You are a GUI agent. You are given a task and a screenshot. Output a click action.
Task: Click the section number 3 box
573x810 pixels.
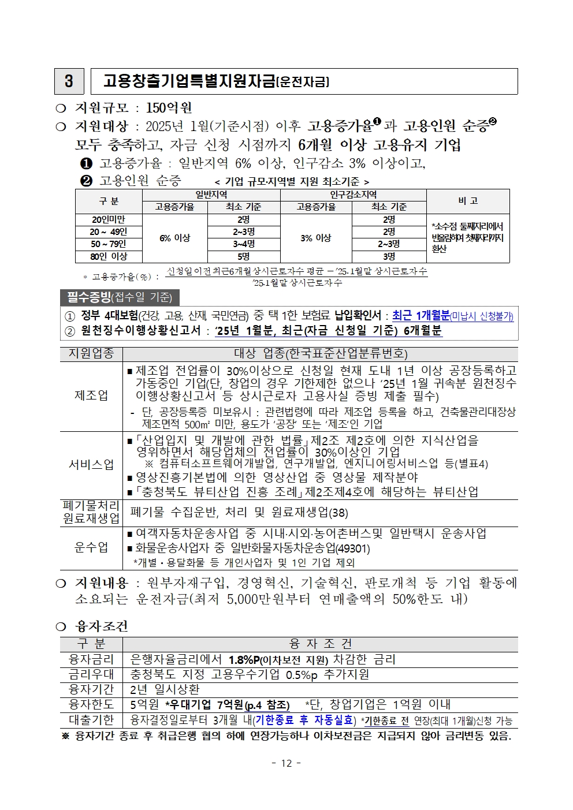pos(69,81)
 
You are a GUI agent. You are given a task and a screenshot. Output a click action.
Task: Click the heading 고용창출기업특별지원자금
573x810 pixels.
pos(189,81)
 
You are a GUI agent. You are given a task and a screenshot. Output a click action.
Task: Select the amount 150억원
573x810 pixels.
pos(169,108)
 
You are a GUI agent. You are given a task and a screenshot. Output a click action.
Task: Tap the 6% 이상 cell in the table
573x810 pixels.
pos(174,238)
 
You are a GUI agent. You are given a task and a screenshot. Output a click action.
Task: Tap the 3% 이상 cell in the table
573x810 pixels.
pos(315,238)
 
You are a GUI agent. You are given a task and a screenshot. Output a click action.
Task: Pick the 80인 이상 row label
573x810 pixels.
pos(109,256)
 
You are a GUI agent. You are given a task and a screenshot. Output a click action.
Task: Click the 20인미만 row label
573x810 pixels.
pos(109,219)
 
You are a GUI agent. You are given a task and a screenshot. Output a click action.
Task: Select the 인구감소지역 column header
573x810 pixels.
pos(353,195)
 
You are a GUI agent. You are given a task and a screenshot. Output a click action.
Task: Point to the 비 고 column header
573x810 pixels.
pos(467,201)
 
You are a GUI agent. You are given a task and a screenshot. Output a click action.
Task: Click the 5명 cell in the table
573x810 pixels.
pos(243,256)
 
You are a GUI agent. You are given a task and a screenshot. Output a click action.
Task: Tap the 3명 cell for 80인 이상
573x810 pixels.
pos(389,256)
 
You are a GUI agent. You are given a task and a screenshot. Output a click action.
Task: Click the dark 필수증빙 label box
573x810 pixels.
pos(120,297)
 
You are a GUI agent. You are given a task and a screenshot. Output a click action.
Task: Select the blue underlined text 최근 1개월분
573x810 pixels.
pos(421,315)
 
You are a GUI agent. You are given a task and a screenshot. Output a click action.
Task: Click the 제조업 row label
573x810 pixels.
pos(91,395)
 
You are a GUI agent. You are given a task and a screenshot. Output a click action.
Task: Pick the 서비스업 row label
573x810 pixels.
pos(91,465)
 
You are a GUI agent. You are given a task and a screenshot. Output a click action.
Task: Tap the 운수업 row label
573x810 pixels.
pos(91,547)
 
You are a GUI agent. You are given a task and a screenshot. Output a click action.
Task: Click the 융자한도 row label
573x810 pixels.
pos(91,704)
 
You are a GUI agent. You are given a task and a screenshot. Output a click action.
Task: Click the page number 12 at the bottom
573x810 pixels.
pos(286,763)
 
